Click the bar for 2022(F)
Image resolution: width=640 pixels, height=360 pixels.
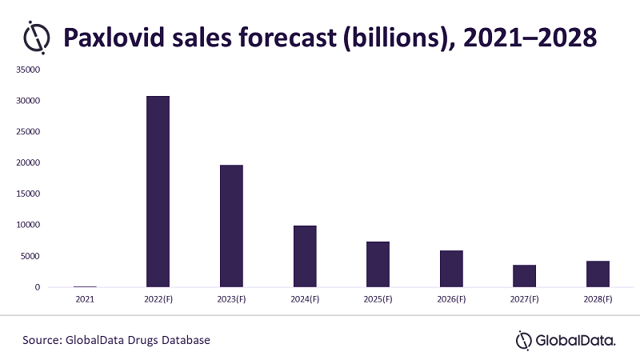click(x=158, y=191)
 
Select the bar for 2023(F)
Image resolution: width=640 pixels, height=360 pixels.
click(x=231, y=226)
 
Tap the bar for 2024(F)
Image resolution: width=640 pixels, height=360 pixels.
click(x=305, y=256)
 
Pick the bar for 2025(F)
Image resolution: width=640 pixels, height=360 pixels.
click(x=378, y=264)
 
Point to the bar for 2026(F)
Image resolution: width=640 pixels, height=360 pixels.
click(x=451, y=269)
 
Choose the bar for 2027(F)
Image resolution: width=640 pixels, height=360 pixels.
click(x=525, y=276)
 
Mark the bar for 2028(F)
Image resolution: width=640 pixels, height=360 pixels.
click(x=598, y=274)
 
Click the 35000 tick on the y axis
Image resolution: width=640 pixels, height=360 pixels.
click(x=27, y=70)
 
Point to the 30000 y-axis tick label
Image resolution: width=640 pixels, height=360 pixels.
click(x=27, y=102)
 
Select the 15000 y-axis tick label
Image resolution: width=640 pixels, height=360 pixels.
click(x=27, y=194)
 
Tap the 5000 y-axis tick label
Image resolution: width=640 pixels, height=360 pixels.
click(x=30, y=256)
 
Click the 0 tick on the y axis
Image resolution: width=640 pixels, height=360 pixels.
click(x=37, y=287)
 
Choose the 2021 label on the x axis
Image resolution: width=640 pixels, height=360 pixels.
click(x=85, y=299)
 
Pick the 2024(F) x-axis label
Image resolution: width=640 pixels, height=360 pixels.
click(x=305, y=299)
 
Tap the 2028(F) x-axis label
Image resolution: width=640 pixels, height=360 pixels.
click(x=598, y=299)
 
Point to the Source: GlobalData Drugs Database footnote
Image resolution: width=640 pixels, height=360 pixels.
click(x=116, y=340)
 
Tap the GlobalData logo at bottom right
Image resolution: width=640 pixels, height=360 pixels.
click(x=566, y=340)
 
